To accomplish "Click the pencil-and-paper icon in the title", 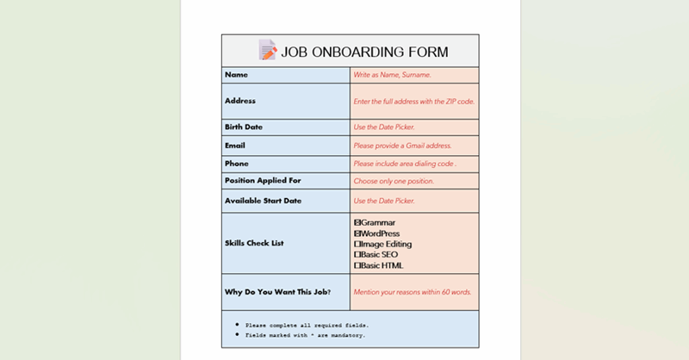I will click(x=268, y=51).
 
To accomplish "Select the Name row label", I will click(x=236, y=75).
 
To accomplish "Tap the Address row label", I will click(x=240, y=101).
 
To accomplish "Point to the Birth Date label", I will click(x=244, y=127).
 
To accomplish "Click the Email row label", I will click(x=235, y=146).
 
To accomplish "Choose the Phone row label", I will click(x=237, y=164).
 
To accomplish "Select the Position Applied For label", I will click(x=263, y=181).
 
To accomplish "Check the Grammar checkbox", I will click(x=357, y=223).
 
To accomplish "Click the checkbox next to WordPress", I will click(x=357, y=233).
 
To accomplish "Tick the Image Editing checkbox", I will click(x=357, y=244).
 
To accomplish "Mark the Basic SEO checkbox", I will click(x=357, y=255).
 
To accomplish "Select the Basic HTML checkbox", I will click(x=357, y=265).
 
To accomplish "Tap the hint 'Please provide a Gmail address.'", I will click(x=402, y=146).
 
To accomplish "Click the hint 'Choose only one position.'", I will click(x=394, y=182).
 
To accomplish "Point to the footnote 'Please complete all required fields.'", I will click(x=307, y=326).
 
